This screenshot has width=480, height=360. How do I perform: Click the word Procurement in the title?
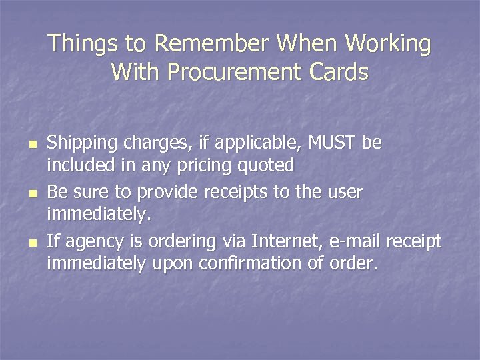click(231, 71)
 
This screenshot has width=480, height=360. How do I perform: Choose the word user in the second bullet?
click(344, 193)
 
